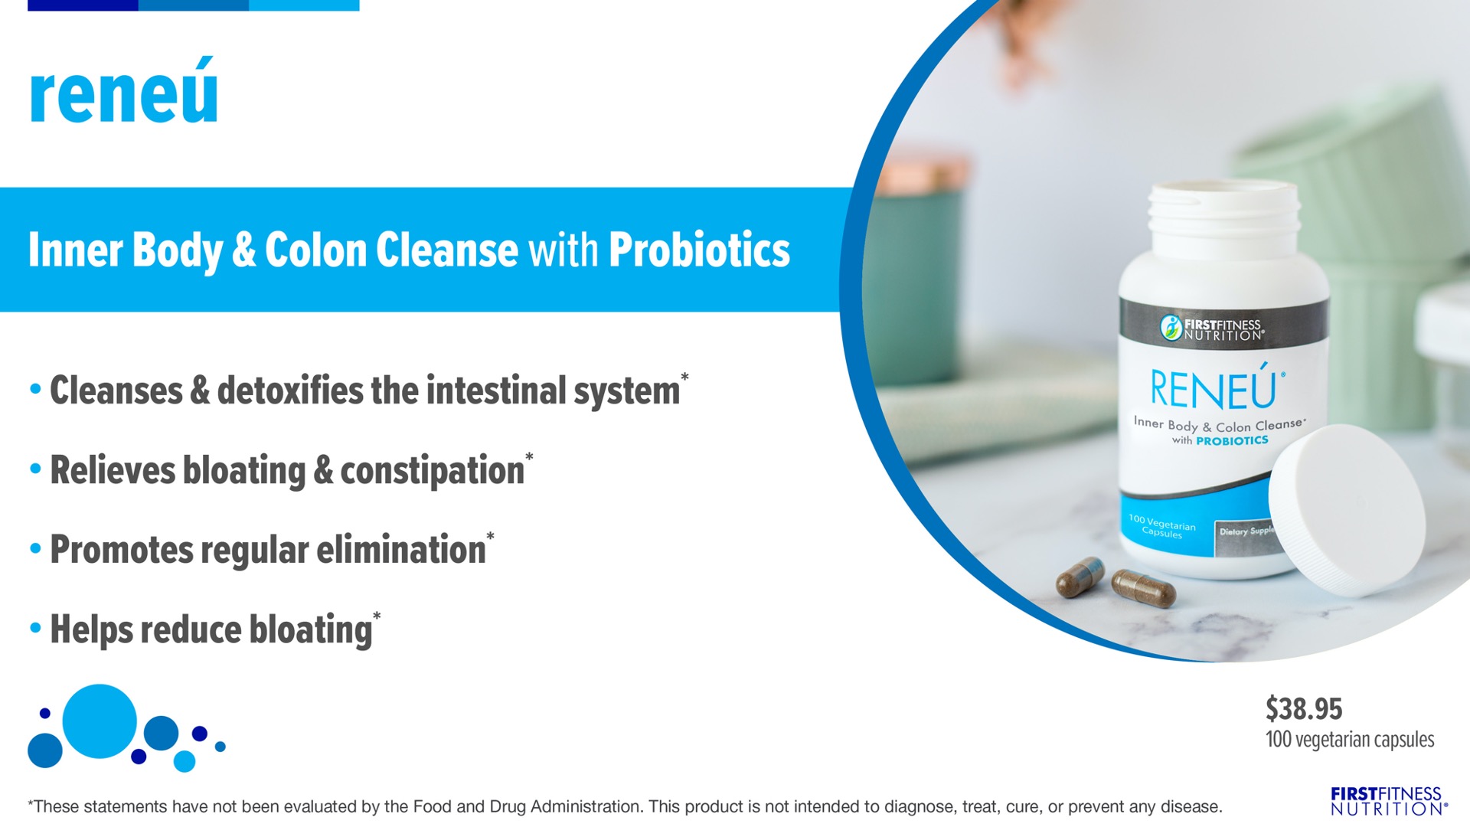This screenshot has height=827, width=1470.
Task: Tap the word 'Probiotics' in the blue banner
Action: pyautogui.click(x=699, y=250)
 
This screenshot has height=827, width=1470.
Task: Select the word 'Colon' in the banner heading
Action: pyautogui.click(x=315, y=250)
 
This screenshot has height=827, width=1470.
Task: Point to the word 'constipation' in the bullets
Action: pyautogui.click(x=432, y=470)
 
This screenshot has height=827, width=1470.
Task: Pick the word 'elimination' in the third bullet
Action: pyautogui.click(x=401, y=549)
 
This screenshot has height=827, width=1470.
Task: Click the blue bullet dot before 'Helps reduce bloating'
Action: pyautogui.click(x=35, y=629)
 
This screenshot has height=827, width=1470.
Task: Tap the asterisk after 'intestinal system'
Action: pyautogui.click(x=684, y=378)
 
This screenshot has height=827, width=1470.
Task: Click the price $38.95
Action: pyautogui.click(x=1304, y=708)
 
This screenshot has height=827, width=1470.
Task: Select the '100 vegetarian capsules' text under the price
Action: pyautogui.click(x=1350, y=740)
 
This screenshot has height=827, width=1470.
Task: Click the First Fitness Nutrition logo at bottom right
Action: pyautogui.click(x=1389, y=801)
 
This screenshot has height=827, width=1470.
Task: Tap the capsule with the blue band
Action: pyautogui.click(x=1080, y=577)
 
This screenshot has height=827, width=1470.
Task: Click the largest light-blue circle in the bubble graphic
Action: pyautogui.click(x=100, y=721)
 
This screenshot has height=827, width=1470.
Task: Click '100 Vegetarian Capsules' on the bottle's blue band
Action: pyautogui.click(x=1161, y=527)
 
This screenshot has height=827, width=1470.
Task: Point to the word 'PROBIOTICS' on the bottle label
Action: pyautogui.click(x=1232, y=440)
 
